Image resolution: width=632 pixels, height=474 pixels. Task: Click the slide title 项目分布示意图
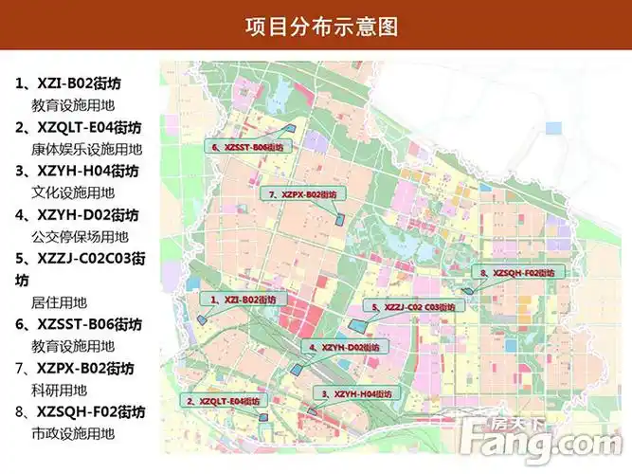pyautogui.click(x=316, y=26)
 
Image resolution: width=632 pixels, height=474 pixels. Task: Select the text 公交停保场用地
pyautogui.click(x=81, y=236)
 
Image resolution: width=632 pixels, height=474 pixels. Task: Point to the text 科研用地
pyautogui.click(x=59, y=390)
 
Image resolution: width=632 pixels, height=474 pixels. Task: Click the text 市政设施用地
pyautogui.click(x=73, y=433)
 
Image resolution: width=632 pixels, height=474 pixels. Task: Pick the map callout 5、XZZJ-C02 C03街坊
pyautogui.click(x=413, y=307)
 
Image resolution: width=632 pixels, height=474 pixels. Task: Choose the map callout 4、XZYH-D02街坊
pyautogui.click(x=343, y=348)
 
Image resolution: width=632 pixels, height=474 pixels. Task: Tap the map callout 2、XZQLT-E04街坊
pyautogui.click(x=222, y=401)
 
